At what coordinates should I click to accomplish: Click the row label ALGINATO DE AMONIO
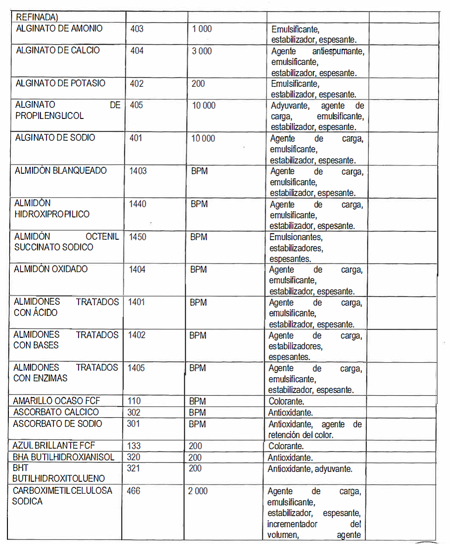coord(59,28)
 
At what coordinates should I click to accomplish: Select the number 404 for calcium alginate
coord(137,50)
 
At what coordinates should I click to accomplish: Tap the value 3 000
coord(202,51)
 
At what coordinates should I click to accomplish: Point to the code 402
coord(137,84)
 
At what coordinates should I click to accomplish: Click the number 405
coord(137,105)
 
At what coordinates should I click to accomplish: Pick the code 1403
coord(138,170)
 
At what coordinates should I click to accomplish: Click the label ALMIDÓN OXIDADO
coord(51,269)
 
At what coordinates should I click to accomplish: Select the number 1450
coord(137,237)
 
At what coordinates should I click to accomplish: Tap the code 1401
coord(137,302)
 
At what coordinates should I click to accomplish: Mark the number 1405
coord(136,368)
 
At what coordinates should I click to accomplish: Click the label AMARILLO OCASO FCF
coord(56,400)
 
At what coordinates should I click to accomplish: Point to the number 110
coord(134,400)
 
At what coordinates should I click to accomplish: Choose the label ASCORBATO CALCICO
coord(56,412)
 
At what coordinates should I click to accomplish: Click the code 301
coord(134,424)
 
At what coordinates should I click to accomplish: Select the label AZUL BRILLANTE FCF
coord(54,446)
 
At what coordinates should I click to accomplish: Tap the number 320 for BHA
coord(134,457)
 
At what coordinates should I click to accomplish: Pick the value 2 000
coord(198,491)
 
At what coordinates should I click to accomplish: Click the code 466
coord(133,491)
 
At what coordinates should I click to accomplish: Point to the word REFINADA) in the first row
coord(36,17)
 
